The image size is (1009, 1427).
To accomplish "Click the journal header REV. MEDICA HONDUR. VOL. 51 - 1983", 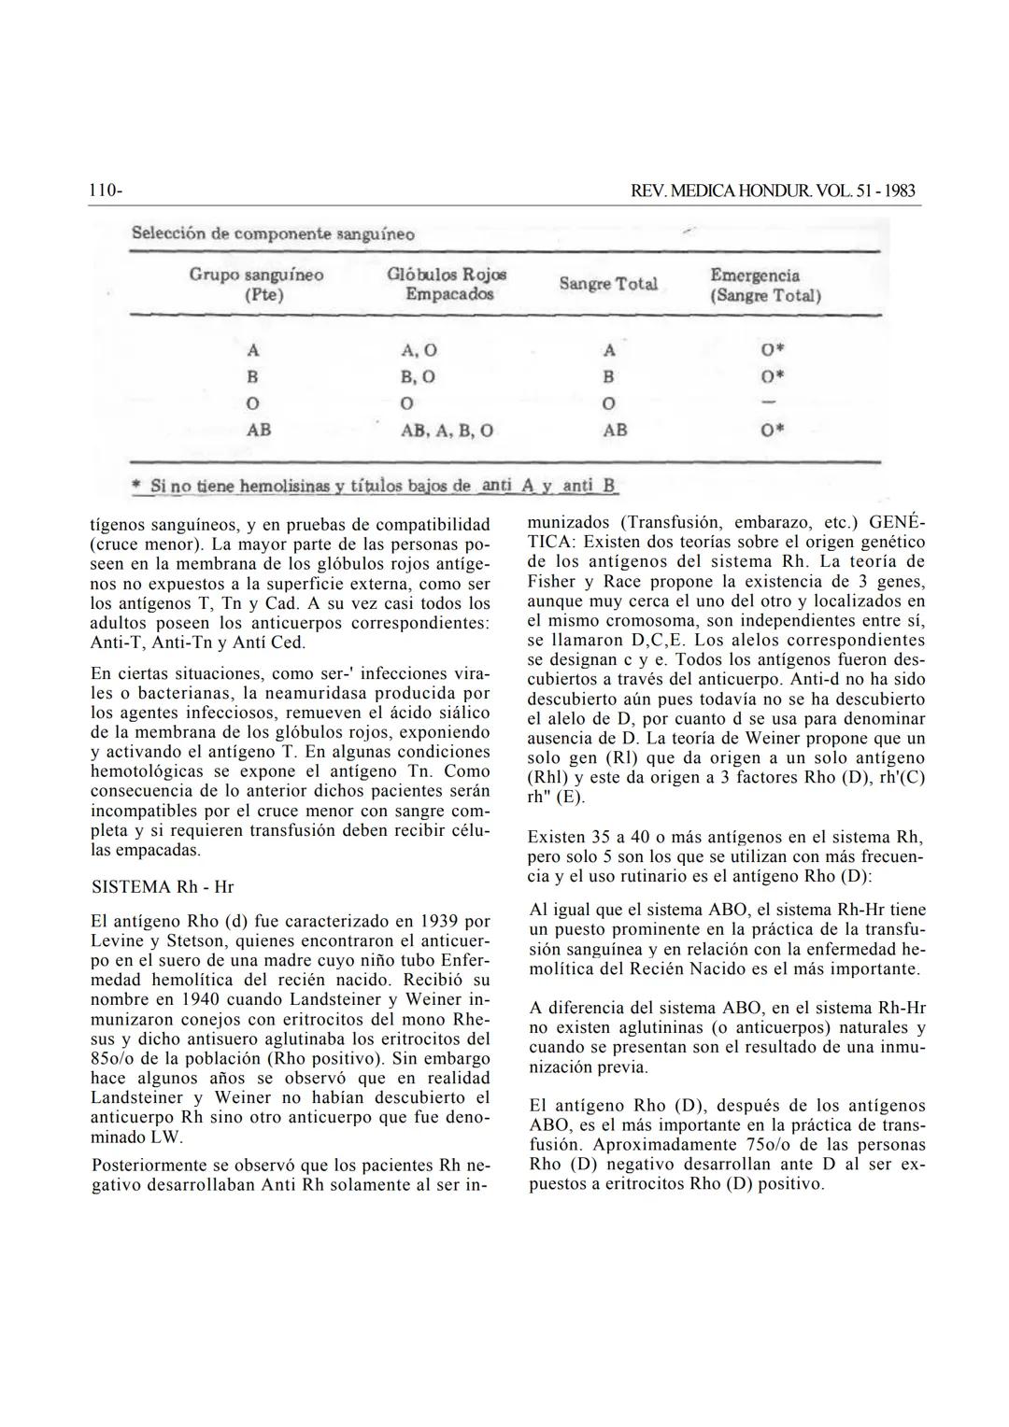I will tap(774, 191).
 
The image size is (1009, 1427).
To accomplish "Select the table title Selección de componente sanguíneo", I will tap(274, 233).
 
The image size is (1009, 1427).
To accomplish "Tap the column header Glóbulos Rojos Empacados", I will tap(448, 284).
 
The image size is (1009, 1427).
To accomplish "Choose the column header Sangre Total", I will tap(608, 284).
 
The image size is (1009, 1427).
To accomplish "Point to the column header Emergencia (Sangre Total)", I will tap(765, 285).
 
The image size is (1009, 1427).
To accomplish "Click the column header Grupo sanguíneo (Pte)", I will tap(257, 284).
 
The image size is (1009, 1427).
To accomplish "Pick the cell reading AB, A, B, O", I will tap(448, 431).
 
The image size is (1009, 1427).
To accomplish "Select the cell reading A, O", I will tap(419, 351).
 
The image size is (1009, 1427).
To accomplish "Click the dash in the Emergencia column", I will tap(769, 403).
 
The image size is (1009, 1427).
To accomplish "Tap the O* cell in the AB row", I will tap(772, 431).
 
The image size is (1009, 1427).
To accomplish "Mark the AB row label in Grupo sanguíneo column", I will tap(258, 431).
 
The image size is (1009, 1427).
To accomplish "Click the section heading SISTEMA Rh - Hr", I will tap(163, 886).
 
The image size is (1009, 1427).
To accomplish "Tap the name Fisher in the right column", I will tap(551, 581).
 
